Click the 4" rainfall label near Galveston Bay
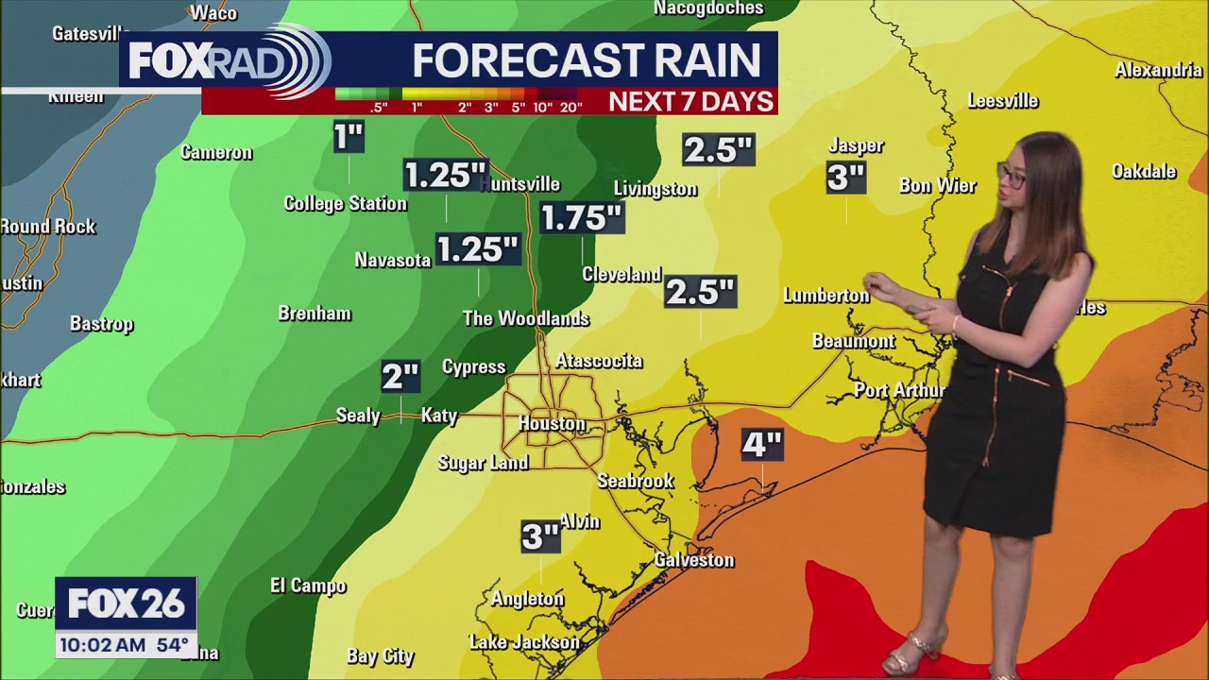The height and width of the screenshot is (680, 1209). tap(761, 444)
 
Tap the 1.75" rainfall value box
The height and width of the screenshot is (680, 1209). tap(581, 218)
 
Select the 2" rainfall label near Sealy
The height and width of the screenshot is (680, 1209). tap(400, 377)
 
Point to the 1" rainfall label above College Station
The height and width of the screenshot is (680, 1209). tap(349, 138)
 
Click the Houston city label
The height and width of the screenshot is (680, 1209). tap(552, 424)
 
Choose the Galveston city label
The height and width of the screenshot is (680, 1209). tap(694, 560)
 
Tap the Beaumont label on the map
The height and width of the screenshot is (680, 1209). tap(853, 341)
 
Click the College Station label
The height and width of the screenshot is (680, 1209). tap(345, 203)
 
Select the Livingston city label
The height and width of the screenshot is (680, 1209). tap(656, 189)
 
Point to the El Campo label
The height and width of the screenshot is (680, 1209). tap(308, 586)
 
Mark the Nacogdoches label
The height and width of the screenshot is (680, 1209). tap(708, 8)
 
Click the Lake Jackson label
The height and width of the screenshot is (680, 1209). tap(524, 642)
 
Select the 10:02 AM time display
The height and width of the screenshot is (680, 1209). tap(103, 646)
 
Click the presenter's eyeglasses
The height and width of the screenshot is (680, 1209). tap(1012, 175)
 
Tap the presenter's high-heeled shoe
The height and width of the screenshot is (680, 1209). tap(912, 651)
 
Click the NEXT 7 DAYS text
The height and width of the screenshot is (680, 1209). tap(690, 101)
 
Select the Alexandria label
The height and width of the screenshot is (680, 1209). tap(1158, 70)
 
